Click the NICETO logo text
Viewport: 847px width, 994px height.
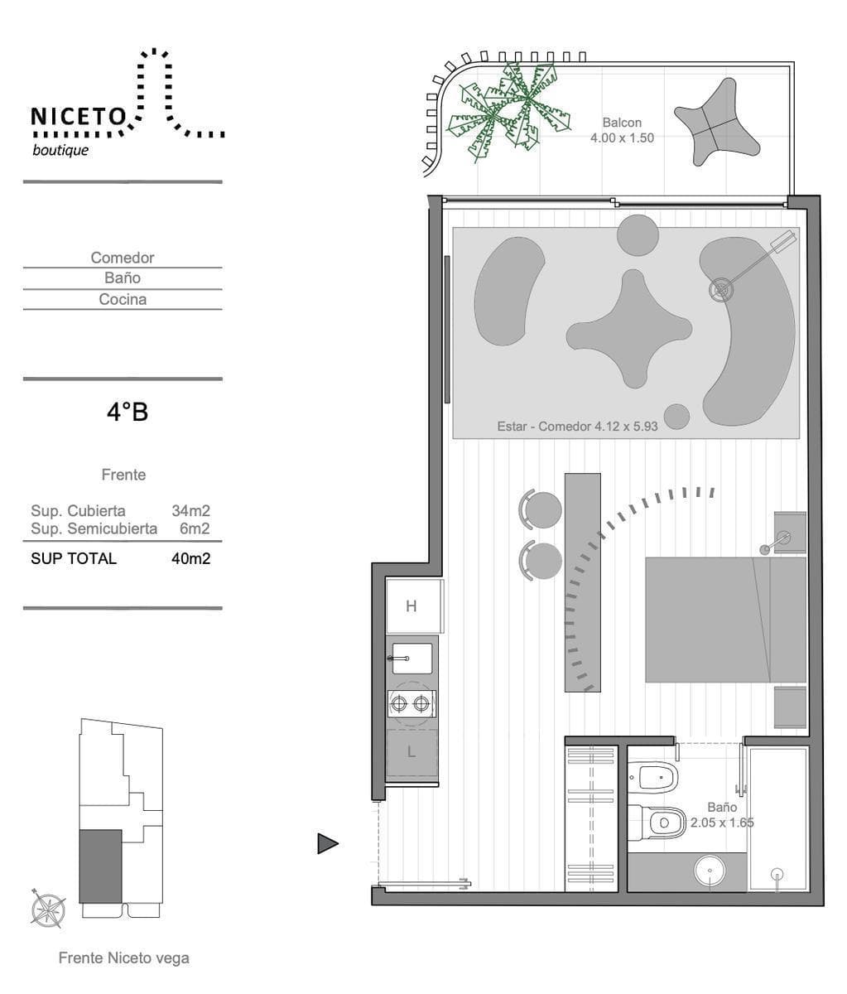[79, 117]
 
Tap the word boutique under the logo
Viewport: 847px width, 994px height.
[60, 151]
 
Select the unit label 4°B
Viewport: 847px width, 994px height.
[128, 413]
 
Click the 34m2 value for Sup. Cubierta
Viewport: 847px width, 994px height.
[190, 511]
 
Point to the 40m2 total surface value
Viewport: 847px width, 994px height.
[190, 558]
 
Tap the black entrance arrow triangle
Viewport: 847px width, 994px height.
[328, 843]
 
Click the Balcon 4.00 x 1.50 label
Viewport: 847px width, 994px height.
[622, 130]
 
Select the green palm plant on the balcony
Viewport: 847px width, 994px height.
[509, 112]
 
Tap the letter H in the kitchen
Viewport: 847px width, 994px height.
[411, 606]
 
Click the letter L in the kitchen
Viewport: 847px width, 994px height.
[411, 751]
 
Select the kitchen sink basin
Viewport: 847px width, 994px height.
[412, 659]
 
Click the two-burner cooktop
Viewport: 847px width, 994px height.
[411, 703]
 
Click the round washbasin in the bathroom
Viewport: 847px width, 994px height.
[710, 871]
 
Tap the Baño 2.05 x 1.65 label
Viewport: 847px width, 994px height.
[722, 814]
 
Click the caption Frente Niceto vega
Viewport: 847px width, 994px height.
[123, 958]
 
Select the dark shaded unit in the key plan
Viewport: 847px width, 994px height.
[100, 866]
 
